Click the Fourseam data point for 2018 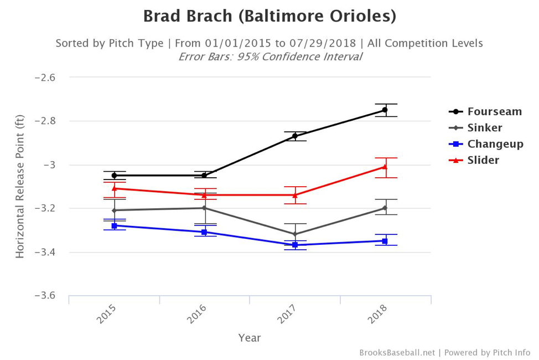(385, 110)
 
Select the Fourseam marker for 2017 (295, 136)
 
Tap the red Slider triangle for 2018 (385, 167)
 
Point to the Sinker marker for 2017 (295, 234)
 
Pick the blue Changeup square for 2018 (385, 241)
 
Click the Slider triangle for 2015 (114, 188)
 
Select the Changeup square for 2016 (204, 232)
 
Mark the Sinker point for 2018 (385, 208)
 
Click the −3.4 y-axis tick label (45, 253)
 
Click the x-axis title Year (250, 337)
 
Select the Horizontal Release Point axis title (20, 187)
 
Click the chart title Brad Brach (269, 16)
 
